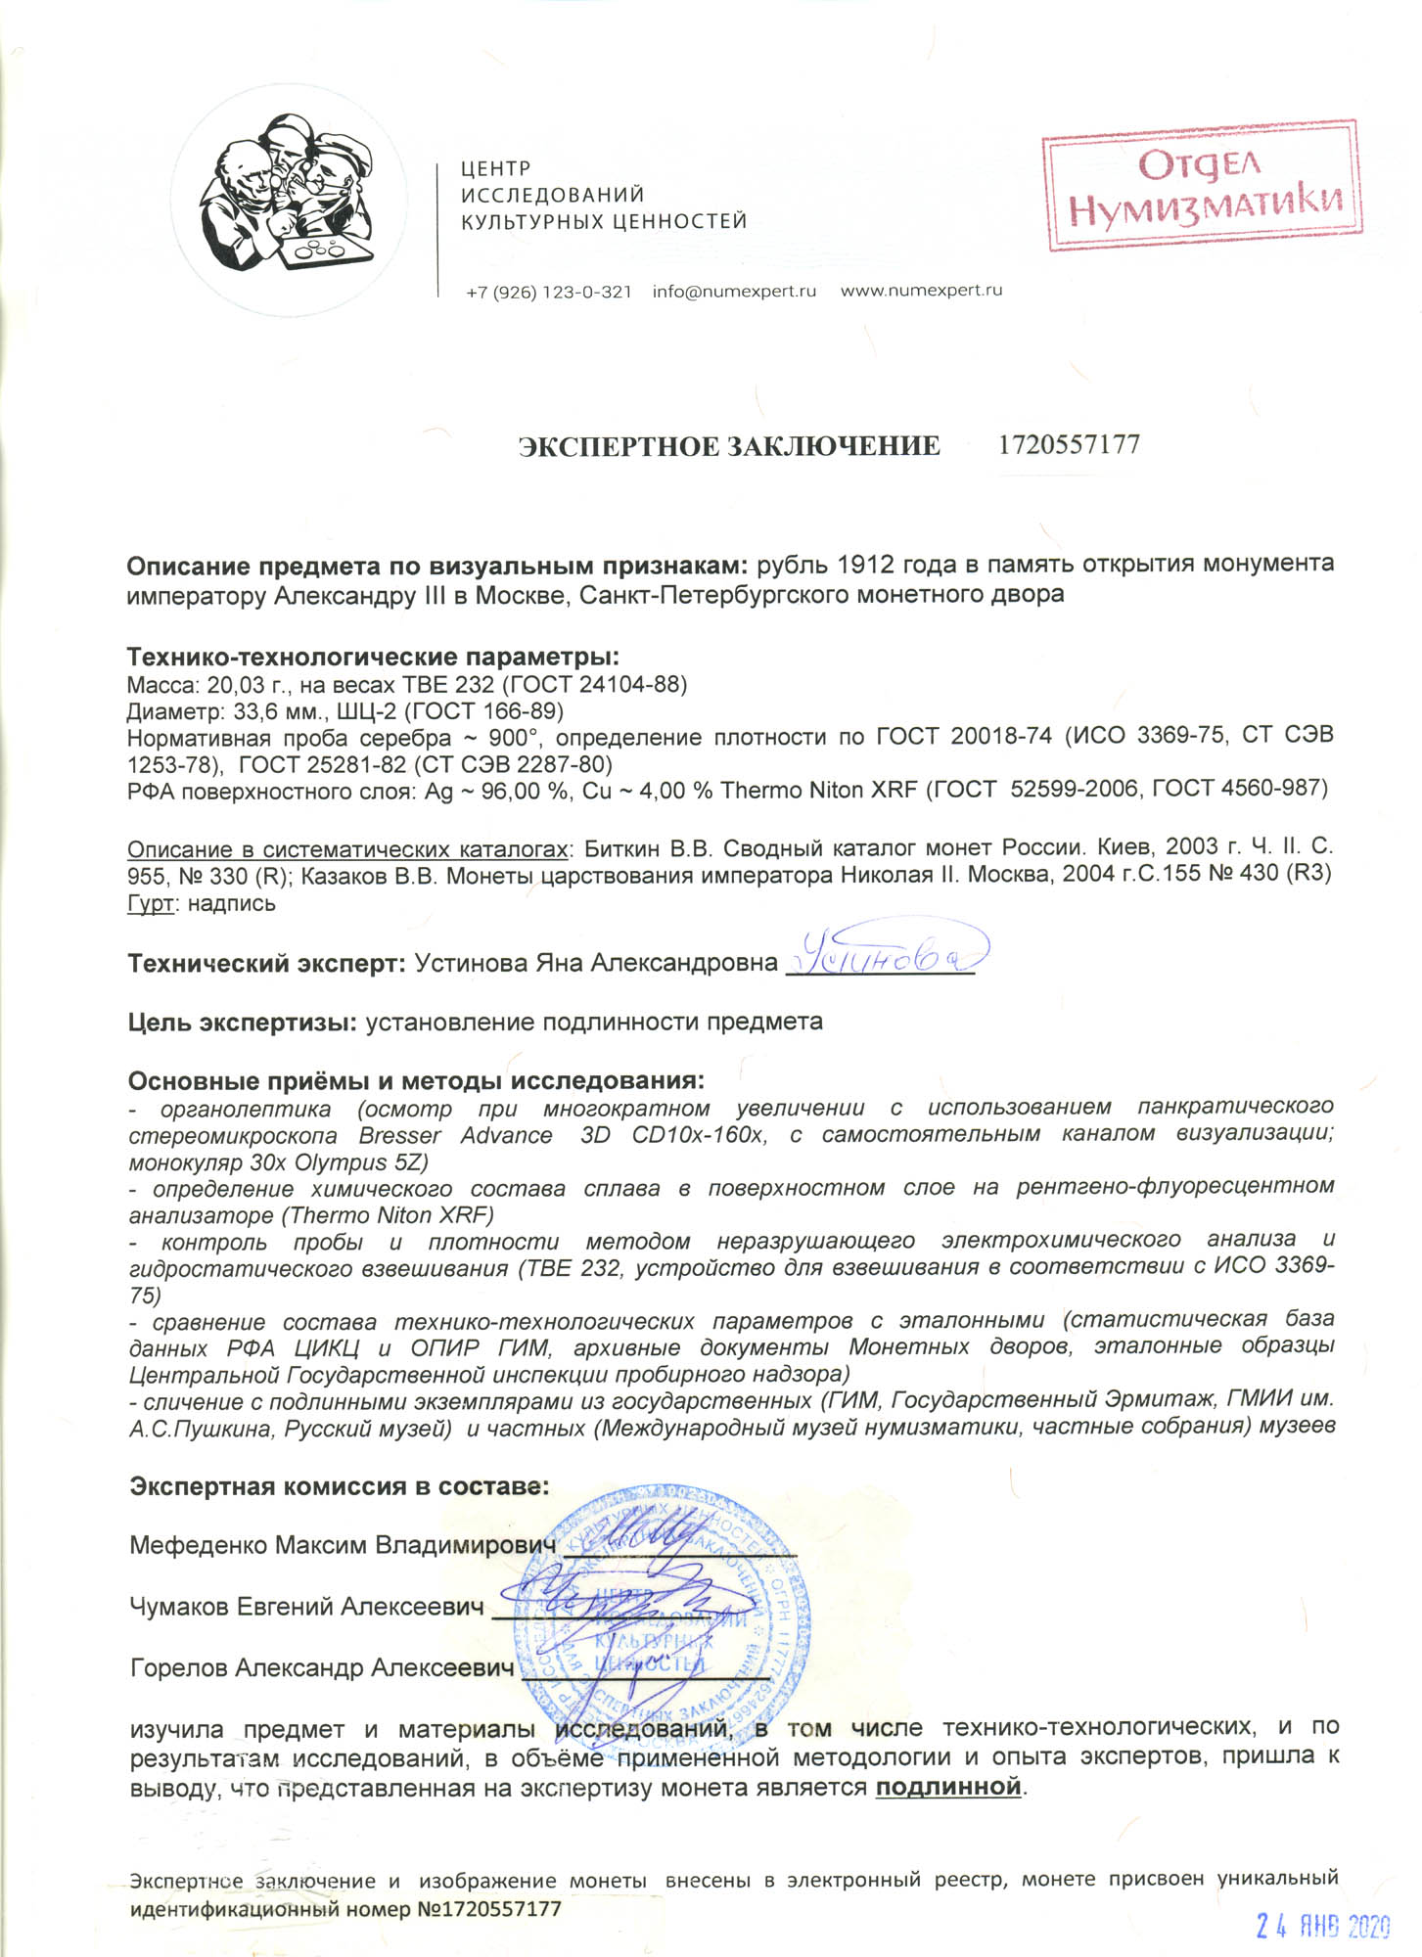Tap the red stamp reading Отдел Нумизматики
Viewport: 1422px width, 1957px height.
[x=1202, y=186]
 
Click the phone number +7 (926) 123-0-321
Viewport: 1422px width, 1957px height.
[x=548, y=292]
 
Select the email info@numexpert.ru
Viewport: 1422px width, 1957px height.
[x=734, y=292]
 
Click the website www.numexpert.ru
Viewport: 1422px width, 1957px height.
[x=921, y=291]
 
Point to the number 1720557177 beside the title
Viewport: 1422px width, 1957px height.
[x=1069, y=445]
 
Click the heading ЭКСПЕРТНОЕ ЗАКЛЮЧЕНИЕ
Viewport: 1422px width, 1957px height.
[x=728, y=447]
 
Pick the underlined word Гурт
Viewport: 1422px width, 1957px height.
[x=151, y=903]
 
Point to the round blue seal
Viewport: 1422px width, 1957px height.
[x=662, y=1616]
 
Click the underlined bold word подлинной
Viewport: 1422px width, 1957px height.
[x=947, y=1788]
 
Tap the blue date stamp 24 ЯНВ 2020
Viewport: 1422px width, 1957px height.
[x=1321, y=1926]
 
